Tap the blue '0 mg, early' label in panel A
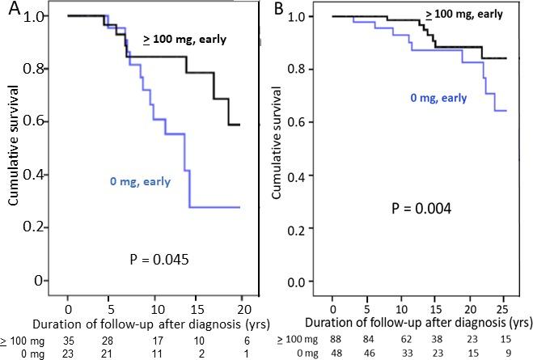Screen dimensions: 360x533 (140, 182)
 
